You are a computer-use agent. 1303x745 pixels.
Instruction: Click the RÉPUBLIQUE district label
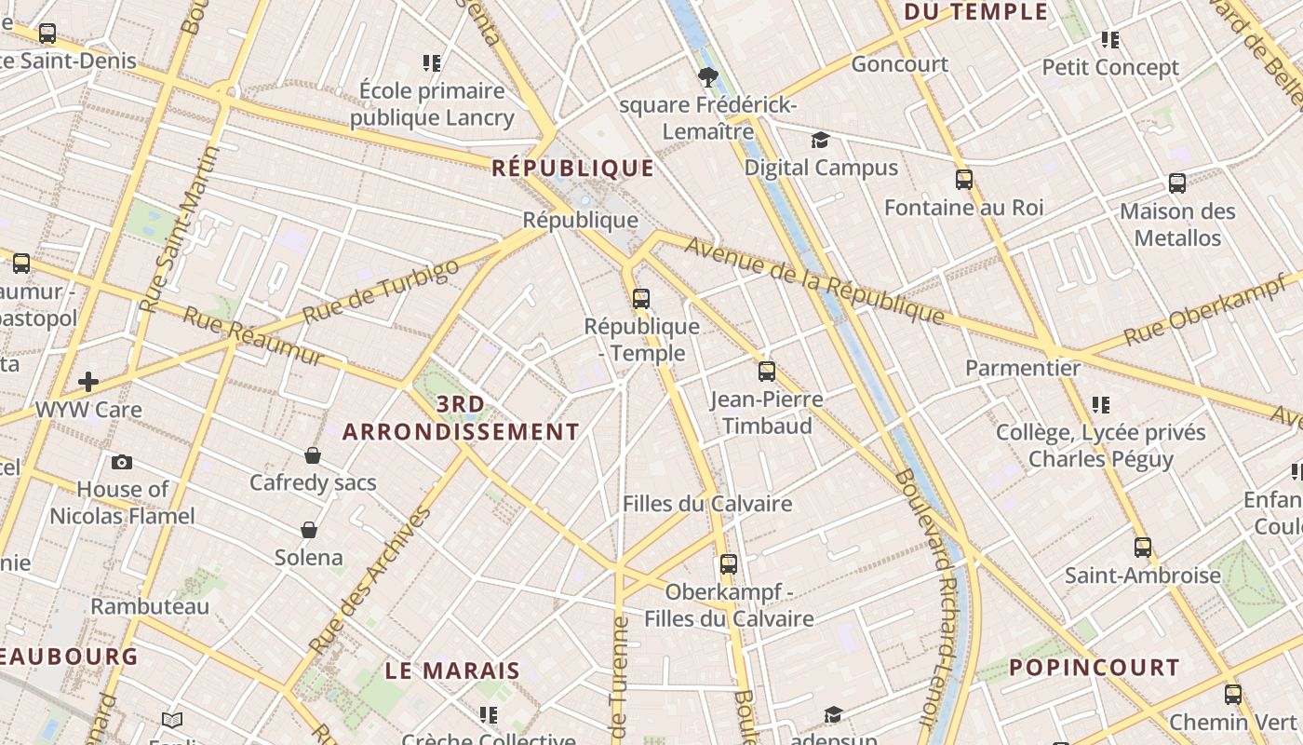[572, 169]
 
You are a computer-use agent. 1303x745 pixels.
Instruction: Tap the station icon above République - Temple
[640, 299]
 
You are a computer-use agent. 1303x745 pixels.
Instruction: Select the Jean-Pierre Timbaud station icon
[766, 372]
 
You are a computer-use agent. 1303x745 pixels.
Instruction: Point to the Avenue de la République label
[814, 280]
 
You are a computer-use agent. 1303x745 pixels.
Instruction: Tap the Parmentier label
[1022, 368]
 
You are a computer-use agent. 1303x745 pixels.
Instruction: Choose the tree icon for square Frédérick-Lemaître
[707, 77]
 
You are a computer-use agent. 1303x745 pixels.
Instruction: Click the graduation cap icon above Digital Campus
[819, 141]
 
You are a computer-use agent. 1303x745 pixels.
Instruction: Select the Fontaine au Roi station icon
[963, 180]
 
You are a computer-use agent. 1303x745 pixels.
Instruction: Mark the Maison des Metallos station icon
[1176, 183]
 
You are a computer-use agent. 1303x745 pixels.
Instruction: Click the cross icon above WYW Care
[88, 382]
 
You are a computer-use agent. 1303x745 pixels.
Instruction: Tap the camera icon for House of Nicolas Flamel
[122, 462]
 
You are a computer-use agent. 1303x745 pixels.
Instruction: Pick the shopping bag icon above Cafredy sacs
[313, 455]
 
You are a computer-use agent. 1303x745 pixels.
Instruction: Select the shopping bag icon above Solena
[309, 530]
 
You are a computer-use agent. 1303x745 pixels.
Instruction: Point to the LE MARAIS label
[452, 670]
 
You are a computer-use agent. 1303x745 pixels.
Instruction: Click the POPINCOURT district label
[1095, 668]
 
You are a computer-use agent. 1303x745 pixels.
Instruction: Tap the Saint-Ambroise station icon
[1142, 548]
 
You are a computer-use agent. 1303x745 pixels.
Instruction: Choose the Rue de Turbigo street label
[381, 291]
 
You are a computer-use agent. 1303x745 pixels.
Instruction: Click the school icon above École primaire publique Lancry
[431, 63]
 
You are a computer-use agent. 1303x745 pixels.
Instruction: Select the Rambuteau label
[150, 606]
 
